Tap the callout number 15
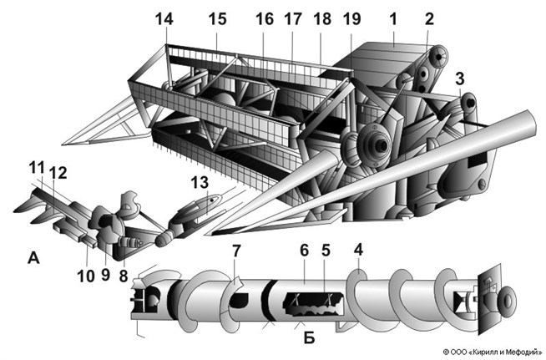[x=217, y=18]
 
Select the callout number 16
[x=264, y=18]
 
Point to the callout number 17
[x=292, y=18]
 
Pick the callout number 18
[x=321, y=18]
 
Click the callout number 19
[x=351, y=18]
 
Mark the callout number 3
[x=459, y=79]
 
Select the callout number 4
[x=358, y=251]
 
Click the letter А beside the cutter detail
[x=33, y=259]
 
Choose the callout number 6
[x=305, y=251]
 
